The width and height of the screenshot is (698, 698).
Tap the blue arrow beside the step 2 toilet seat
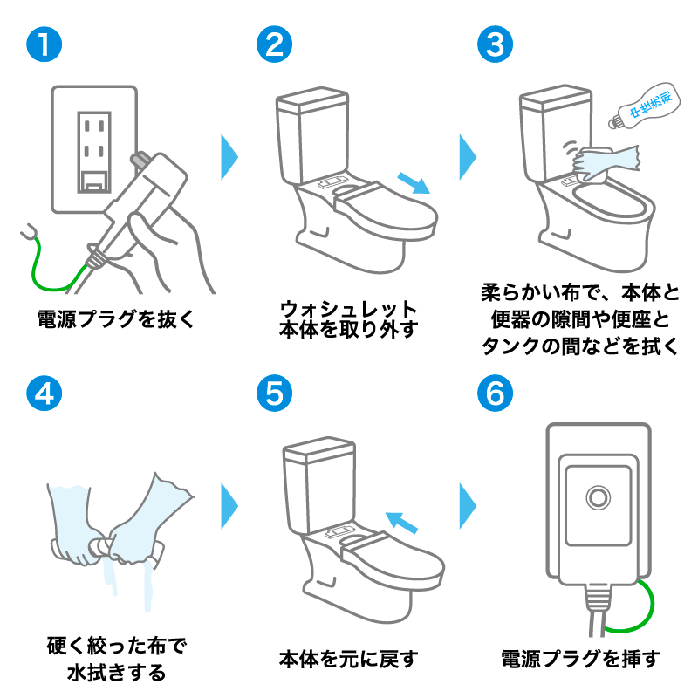414,183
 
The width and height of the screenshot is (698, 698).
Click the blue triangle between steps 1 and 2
229,155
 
